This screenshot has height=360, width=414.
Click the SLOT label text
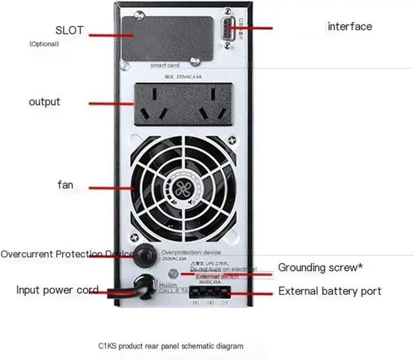click(x=70, y=30)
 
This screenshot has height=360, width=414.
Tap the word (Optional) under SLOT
click(x=44, y=44)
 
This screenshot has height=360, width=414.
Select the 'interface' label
click(x=350, y=26)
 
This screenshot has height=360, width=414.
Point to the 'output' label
click(x=45, y=102)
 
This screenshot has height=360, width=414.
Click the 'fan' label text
click(x=65, y=185)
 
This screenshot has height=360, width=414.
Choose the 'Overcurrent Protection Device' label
click(x=67, y=255)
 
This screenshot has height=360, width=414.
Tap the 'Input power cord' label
click(x=58, y=290)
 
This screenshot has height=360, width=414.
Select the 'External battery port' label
click(x=330, y=291)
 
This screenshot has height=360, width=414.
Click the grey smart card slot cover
click(x=171, y=39)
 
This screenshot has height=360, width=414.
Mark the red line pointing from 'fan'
click(x=110, y=188)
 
